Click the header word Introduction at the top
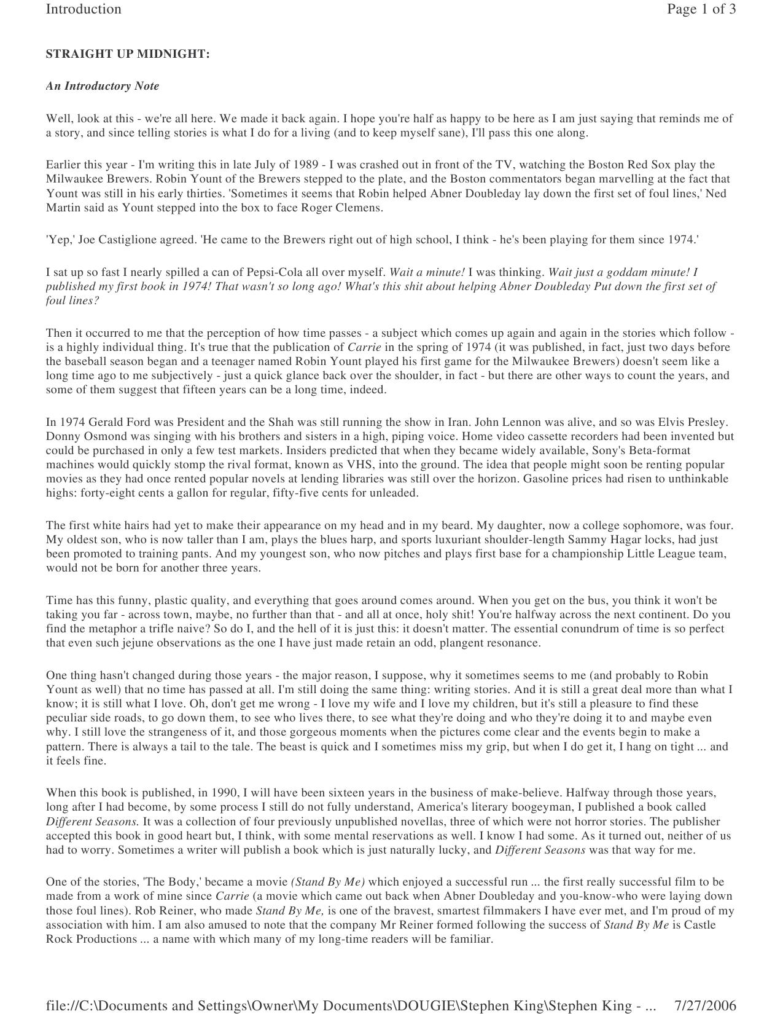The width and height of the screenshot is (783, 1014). coord(84,9)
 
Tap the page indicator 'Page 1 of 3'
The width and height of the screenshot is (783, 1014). coord(701,9)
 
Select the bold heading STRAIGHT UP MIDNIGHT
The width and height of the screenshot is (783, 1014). coord(128,54)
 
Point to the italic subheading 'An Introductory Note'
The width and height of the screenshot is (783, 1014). coord(103,86)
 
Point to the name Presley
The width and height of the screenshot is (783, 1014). coord(706,422)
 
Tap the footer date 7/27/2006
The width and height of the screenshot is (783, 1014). coord(705,1006)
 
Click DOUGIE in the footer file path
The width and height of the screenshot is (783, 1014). coord(425,1006)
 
